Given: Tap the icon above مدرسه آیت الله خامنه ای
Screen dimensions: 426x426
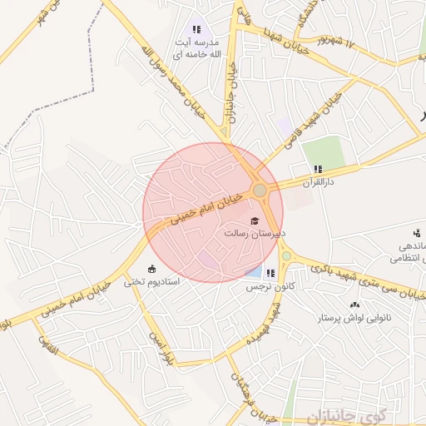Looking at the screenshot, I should pyautogui.click(x=196, y=29).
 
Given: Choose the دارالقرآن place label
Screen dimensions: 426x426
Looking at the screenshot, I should pyautogui.click(x=317, y=181).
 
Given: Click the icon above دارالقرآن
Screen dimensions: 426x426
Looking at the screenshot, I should pyautogui.click(x=318, y=169).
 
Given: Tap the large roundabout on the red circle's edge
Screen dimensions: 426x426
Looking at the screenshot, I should pyautogui.click(x=260, y=191).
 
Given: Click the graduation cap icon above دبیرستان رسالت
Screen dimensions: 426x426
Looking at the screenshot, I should pyautogui.click(x=255, y=220).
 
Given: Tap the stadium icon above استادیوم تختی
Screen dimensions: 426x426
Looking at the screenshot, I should pyautogui.click(x=151, y=268).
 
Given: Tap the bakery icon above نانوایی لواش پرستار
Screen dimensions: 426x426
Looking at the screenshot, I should pyautogui.click(x=355, y=305).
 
